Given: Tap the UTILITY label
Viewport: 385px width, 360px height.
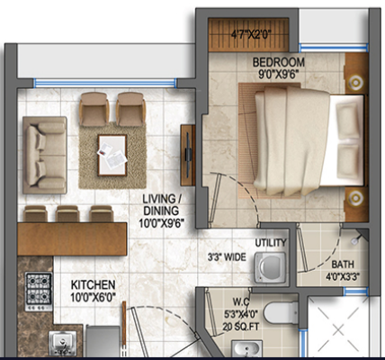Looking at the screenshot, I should (x=271, y=243).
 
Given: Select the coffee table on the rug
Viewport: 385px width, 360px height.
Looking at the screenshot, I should (x=112, y=148).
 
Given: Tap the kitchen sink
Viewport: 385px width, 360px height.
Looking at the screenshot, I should (x=63, y=342).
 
